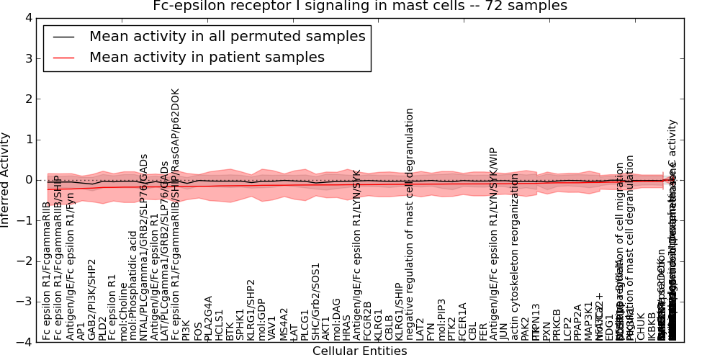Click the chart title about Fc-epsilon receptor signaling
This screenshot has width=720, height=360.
[360, 6]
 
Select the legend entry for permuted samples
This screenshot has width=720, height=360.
[227, 37]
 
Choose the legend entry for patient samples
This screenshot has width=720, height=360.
[207, 58]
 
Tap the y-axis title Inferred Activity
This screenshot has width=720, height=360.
[6, 180]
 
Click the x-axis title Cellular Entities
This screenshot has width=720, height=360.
[359, 351]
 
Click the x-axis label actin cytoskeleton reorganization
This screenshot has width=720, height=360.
[515, 256]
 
